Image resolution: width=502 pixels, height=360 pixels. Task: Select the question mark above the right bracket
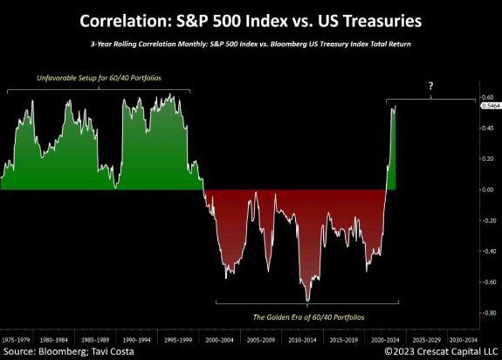431,87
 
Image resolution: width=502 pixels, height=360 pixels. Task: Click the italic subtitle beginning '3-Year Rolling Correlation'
251,42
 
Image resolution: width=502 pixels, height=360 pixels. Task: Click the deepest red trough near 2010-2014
307,300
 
